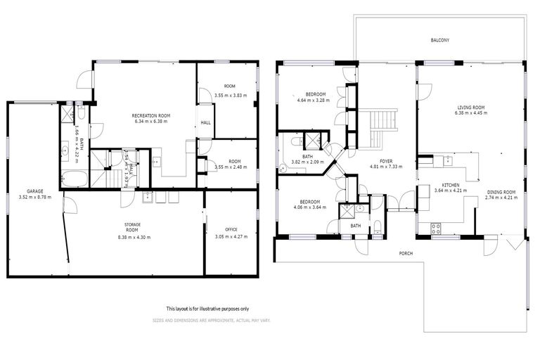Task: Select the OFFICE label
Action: pos(231,229)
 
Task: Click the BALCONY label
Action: pos(440,41)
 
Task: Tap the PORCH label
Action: pos(406,253)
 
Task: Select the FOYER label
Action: pos(386,161)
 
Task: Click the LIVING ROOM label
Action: pos(470,108)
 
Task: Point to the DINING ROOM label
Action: pos(501,192)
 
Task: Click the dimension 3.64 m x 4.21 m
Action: pos(450,191)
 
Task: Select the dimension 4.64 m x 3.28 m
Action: pos(315,101)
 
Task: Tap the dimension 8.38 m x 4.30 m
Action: pos(134,237)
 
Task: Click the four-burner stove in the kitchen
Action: pos(435,227)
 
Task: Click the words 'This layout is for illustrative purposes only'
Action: pos(207,309)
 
